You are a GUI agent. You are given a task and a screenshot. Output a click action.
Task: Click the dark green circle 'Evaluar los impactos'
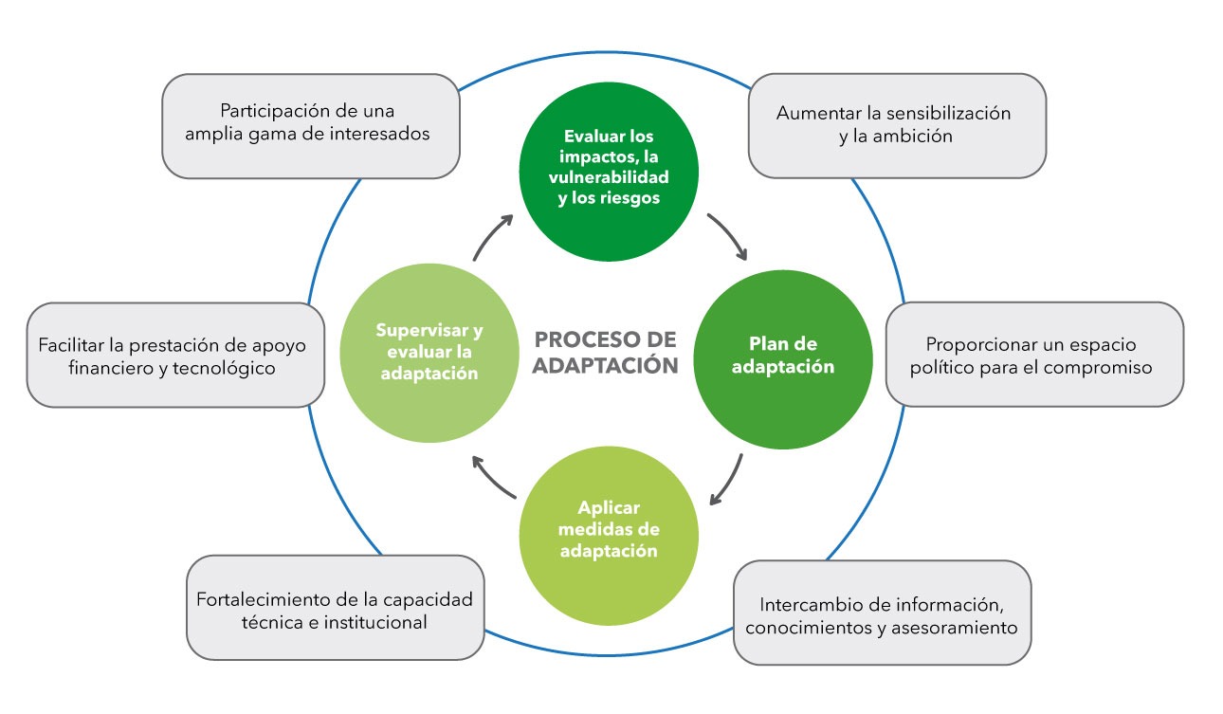point(609,170)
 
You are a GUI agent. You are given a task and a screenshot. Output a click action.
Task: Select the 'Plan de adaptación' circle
point(783,355)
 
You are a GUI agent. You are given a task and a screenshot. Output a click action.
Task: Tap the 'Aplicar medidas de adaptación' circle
point(609,530)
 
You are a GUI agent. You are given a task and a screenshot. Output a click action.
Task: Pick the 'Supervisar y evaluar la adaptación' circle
point(429,352)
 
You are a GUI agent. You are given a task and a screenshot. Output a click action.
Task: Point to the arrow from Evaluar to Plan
point(728,236)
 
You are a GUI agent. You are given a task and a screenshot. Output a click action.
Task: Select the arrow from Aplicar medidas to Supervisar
point(493,479)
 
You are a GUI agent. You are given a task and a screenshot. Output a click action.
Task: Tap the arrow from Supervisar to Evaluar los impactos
point(493,237)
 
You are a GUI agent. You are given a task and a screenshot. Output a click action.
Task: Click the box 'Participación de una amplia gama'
point(310,125)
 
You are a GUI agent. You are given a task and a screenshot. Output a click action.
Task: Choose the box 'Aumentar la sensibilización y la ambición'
point(896,125)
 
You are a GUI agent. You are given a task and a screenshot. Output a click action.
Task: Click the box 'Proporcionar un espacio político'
point(1033,355)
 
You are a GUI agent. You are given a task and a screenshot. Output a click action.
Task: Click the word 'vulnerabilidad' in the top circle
point(609,177)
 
